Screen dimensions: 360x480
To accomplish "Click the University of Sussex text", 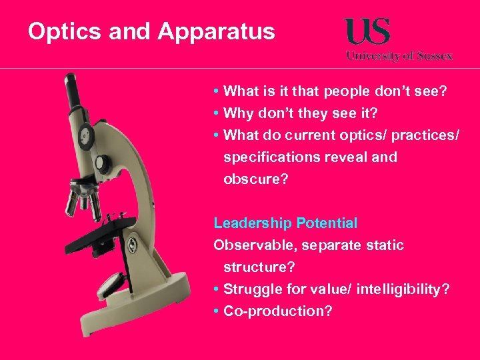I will coord(399,56).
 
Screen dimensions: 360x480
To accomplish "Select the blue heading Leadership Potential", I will coord(285,223).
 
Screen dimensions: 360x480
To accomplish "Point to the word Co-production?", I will coord(277,311).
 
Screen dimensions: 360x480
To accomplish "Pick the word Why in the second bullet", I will coord(237,113).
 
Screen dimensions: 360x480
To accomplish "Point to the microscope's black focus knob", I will coord(102,162).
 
